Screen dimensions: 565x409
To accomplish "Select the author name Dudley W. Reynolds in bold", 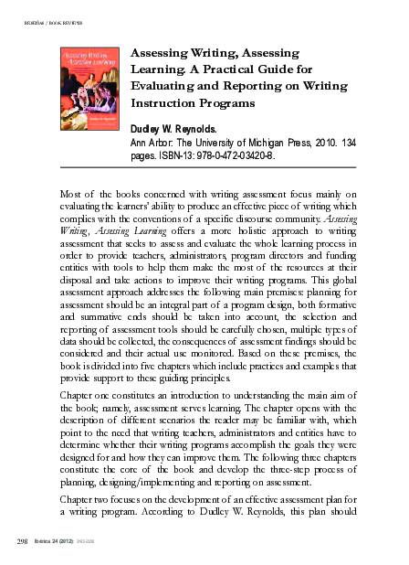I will [x=185, y=131].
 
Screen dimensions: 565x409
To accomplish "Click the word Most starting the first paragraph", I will [x=71, y=196].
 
